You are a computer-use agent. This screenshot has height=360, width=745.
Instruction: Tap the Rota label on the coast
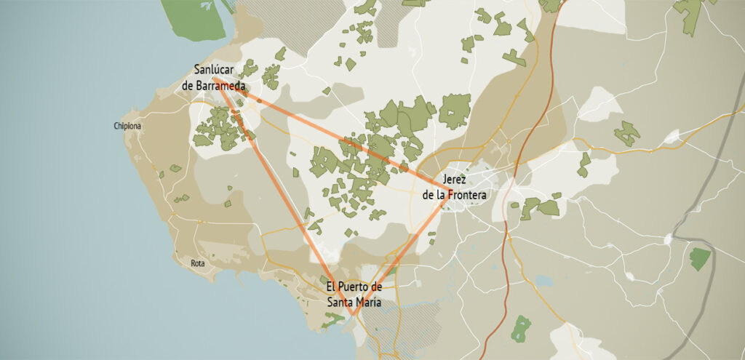197,263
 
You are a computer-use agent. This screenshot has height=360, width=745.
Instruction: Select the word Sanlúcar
216,70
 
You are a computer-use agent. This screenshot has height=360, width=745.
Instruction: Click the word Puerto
354,287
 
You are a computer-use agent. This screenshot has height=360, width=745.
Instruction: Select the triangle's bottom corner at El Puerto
352,314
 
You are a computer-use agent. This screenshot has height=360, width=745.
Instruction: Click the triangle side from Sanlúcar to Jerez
327,132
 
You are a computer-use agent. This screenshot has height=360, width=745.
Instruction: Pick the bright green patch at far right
700,258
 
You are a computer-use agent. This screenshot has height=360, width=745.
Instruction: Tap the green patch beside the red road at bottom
521,329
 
